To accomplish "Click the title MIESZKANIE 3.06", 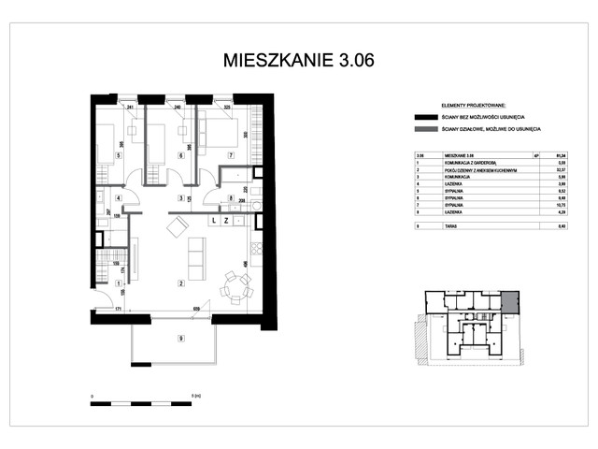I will tap(299, 61).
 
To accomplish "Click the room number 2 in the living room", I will tap(181, 282).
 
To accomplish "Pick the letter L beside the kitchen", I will tap(214, 222).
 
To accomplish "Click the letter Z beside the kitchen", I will tap(228, 222).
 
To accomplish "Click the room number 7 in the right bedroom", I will tap(230, 155).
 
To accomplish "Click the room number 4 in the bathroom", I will tap(118, 198).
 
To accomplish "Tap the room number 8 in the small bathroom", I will tap(231, 198).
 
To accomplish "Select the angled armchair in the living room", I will tap(178, 226).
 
